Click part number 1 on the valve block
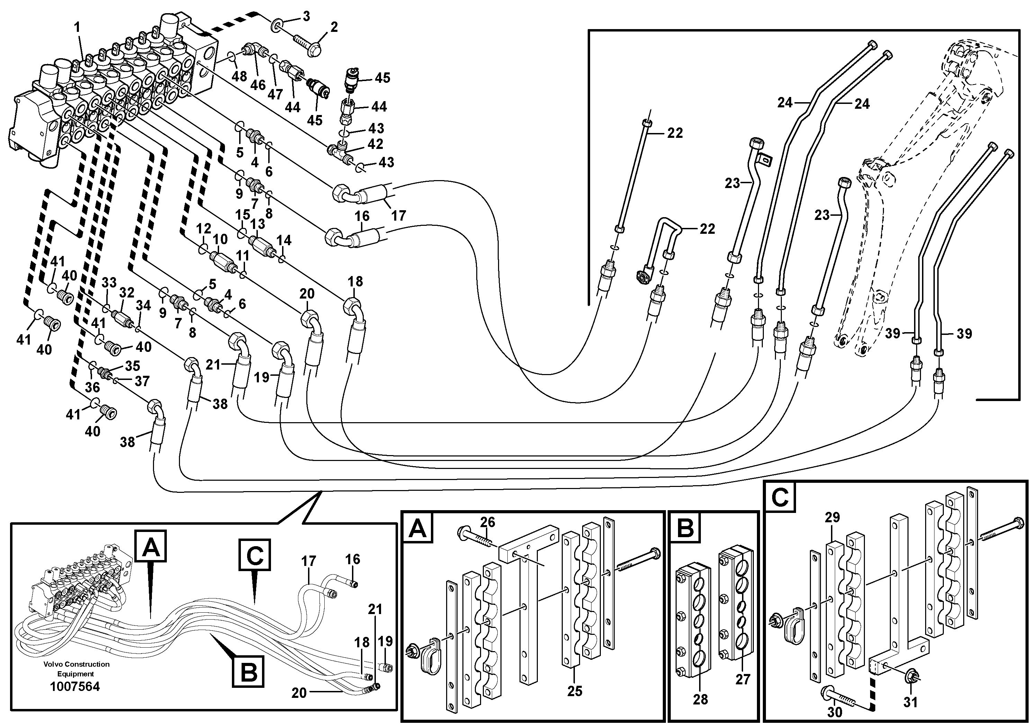click(x=77, y=28)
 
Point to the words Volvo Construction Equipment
click(x=76, y=669)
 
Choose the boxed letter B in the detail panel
click(x=685, y=528)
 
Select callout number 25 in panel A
click(x=574, y=691)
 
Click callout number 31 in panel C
click(x=910, y=702)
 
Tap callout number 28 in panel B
click(x=700, y=699)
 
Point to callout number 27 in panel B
click(x=742, y=679)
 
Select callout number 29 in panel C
click(x=832, y=517)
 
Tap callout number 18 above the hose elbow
click(x=355, y=282)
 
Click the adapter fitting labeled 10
click(x=221, y=259)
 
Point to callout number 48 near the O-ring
click(x=240, y=76)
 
